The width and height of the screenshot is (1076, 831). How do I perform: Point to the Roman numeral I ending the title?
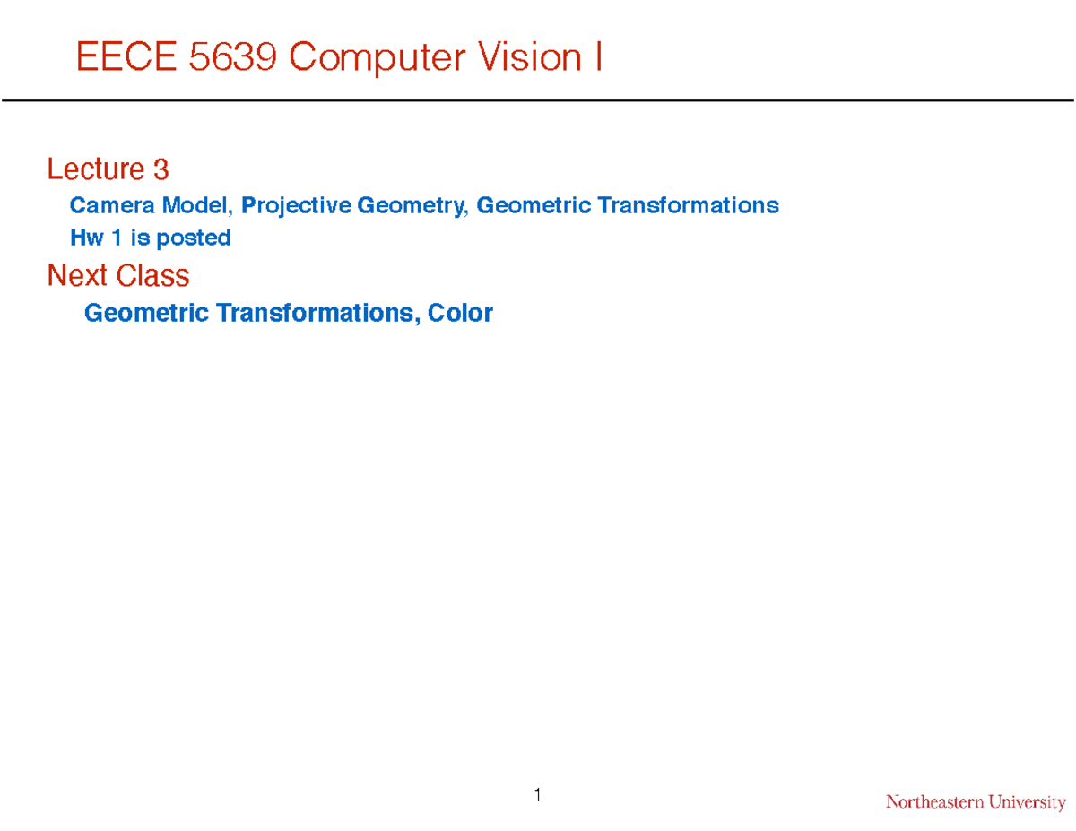(597, 58)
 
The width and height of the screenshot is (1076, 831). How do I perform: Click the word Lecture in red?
(95, 169)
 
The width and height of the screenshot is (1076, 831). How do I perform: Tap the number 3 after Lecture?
(161, 169)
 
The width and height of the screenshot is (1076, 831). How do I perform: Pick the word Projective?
(296, 206)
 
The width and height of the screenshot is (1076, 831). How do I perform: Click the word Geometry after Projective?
(412, 206)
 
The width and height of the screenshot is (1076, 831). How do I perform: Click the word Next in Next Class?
(77, 275)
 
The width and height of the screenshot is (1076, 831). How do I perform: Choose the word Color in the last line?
(460, 313)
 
